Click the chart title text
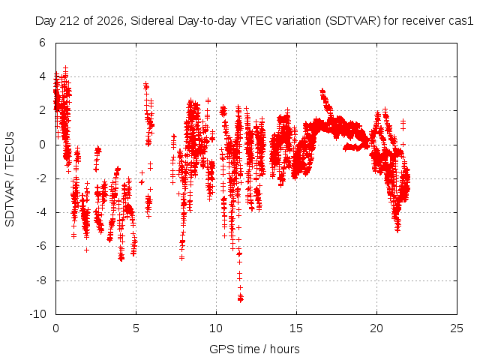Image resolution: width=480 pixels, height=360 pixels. click(x=254, y=21)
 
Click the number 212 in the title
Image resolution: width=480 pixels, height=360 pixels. click(x=70, y=21)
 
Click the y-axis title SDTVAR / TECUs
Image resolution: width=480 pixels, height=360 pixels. click(x=10, y=179)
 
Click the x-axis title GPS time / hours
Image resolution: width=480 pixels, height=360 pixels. click(x=254, y=349)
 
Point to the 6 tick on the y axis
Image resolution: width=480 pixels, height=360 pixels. click(x=42, y=43)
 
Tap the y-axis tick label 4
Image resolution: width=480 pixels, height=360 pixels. click(x=42, y=76)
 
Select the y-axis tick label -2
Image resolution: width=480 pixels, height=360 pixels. click(x=40, y=178)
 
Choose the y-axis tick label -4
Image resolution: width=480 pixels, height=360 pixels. click(x=40, y=212)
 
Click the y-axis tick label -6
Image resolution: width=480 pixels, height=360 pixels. click(x=40, y=246)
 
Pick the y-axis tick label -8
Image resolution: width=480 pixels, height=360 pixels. click(x=40, y=280)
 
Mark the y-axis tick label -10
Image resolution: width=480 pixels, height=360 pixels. click(x=37, y=314)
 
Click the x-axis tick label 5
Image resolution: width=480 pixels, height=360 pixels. click(x=136, y=328)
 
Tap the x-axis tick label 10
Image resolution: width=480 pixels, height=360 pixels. click(x=216, y=328)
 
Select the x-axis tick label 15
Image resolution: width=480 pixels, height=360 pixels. click(x=296, y=328)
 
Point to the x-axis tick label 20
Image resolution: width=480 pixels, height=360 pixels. click(x=376, y=328)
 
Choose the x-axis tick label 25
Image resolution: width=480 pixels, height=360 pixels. click(x=457, y=328)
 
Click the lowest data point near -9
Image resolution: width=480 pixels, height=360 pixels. click(x=241, y=300)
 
